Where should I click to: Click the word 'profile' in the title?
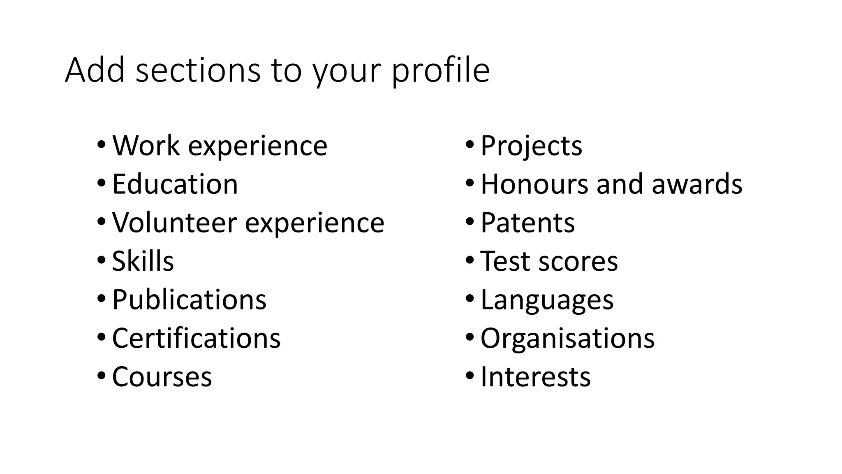pyautogui.click(x=440, y=71)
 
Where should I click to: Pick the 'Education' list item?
pyautogui.click(x=175, y=184)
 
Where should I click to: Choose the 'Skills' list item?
pyautogui.click(x=143, y=261)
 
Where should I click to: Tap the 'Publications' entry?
pyautogui.click(x=189, y=300)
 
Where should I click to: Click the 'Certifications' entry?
pyautogui.click(x=196, y=338)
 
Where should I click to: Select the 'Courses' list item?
pyautogui.click(x=162, y=377)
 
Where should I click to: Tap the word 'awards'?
pyautogui.click(x=697, y=184)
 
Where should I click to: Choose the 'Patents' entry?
pyautogui.click(x=527, y=223)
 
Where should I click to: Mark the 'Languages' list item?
pyautogui.click(x=547, y=300)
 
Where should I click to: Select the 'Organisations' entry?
pyautogui.click(x=567, y=338)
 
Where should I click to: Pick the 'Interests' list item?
pyautogui.click(x=535, y=377)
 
